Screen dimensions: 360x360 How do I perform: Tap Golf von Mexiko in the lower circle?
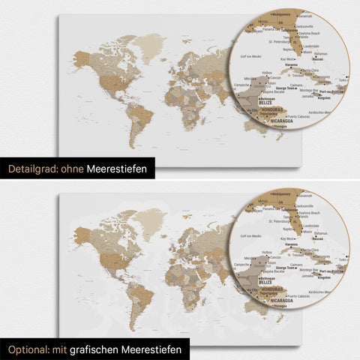[x=251, y=236]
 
